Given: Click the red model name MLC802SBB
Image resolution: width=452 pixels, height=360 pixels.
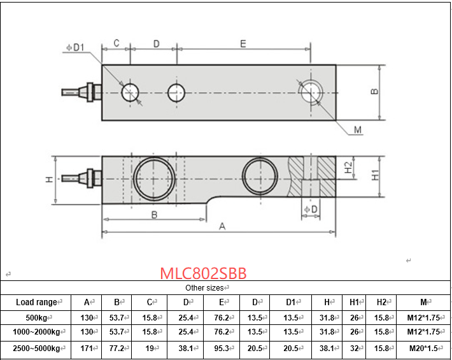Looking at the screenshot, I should coord(203,273).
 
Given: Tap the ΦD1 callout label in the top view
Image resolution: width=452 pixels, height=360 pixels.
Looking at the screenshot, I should coord(74,48).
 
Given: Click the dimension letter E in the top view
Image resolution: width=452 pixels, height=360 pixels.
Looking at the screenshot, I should coord(243,43).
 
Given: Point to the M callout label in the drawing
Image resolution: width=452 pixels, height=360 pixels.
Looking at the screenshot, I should coord(357,130).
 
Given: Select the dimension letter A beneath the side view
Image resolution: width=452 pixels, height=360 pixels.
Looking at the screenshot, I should coord(222,226).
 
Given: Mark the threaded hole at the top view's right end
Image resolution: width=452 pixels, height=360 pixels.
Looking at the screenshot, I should coord(312,91).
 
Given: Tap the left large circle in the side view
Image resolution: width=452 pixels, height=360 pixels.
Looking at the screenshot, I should coord(153,178).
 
